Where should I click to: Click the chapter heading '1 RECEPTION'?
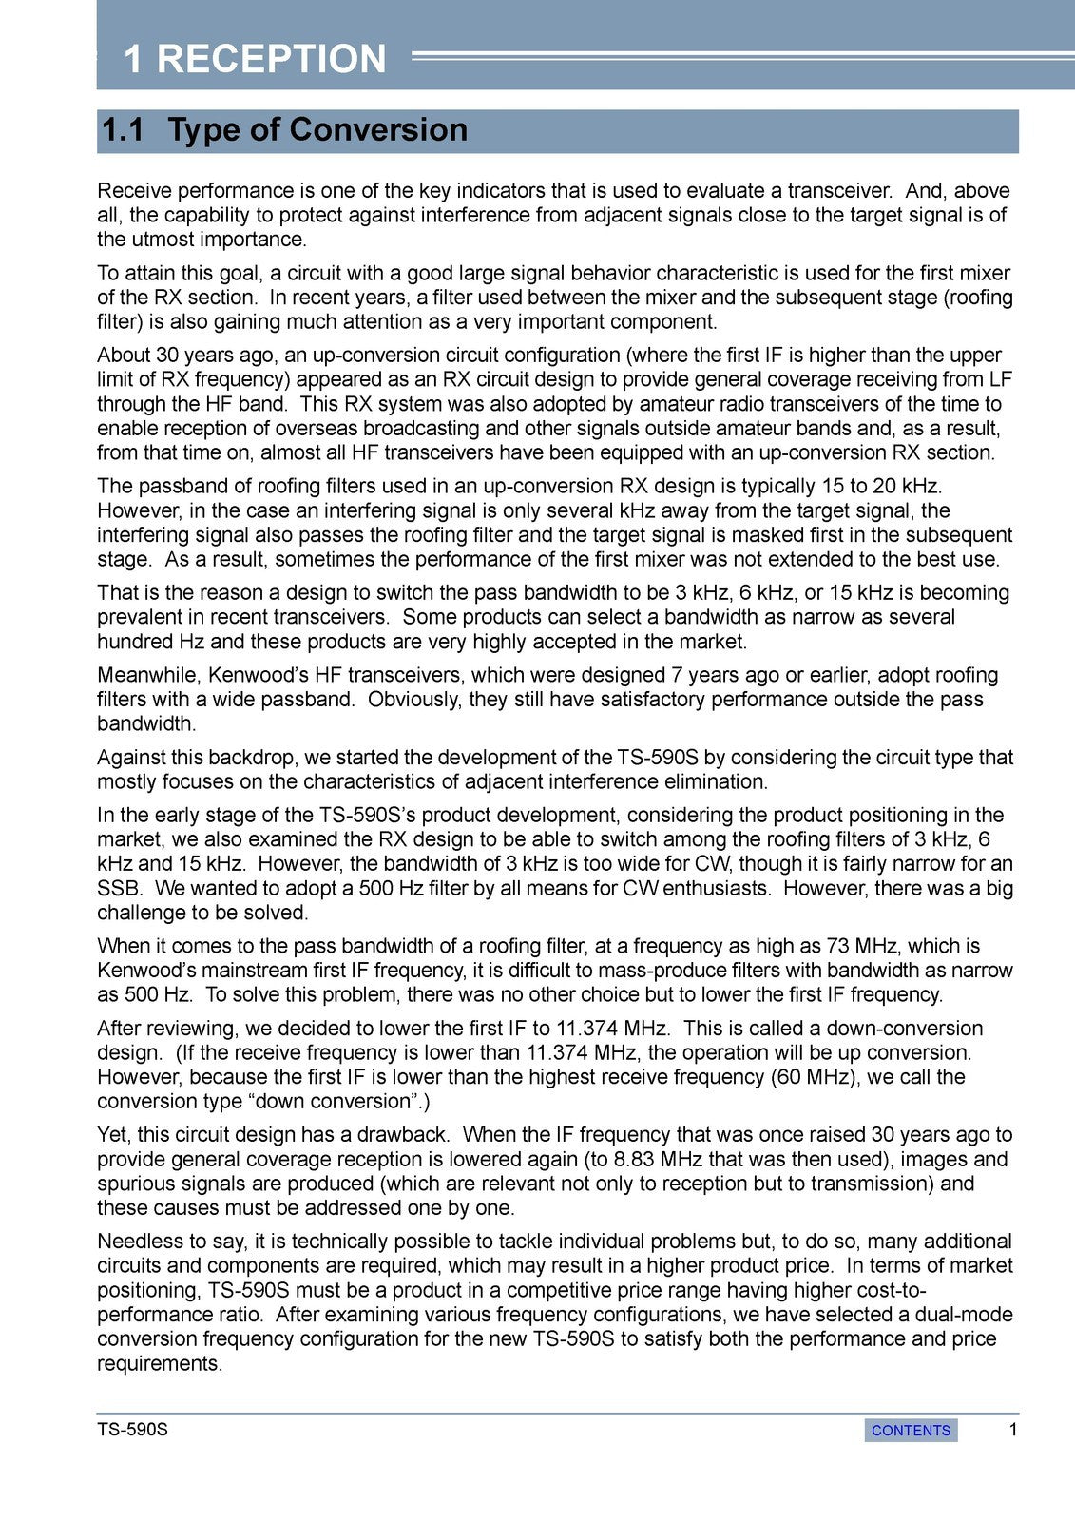pos(255,59)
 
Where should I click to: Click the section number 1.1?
pos(123,130)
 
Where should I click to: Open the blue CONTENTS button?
pos(911,1430)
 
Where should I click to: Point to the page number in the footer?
pos(1013,1430)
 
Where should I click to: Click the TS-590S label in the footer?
pos(132,1430)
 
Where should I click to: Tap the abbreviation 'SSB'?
pos(117,888)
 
